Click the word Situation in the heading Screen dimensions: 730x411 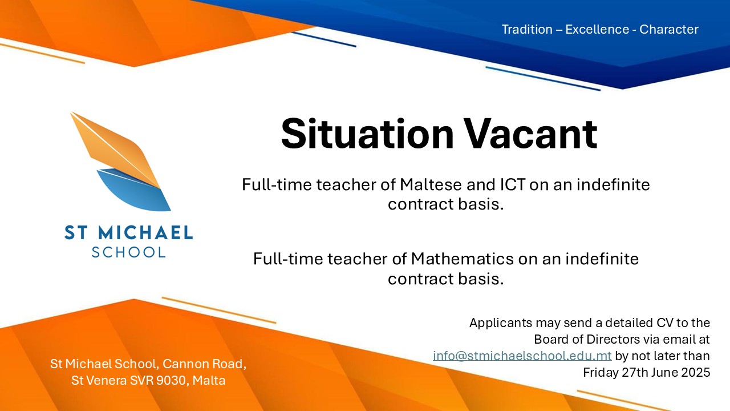pos(367,134)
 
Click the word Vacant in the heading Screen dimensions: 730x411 pos(531,134)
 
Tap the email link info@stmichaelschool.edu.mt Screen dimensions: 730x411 pos(522,356)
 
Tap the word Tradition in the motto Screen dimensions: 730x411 pos(527,29)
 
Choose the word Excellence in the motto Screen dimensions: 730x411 pos(597,29)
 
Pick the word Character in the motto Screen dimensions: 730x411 pos(669,29)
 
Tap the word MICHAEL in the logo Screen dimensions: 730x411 pos(145,232)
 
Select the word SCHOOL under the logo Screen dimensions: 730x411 pos(128,252)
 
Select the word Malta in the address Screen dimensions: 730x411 pos(209,380)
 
